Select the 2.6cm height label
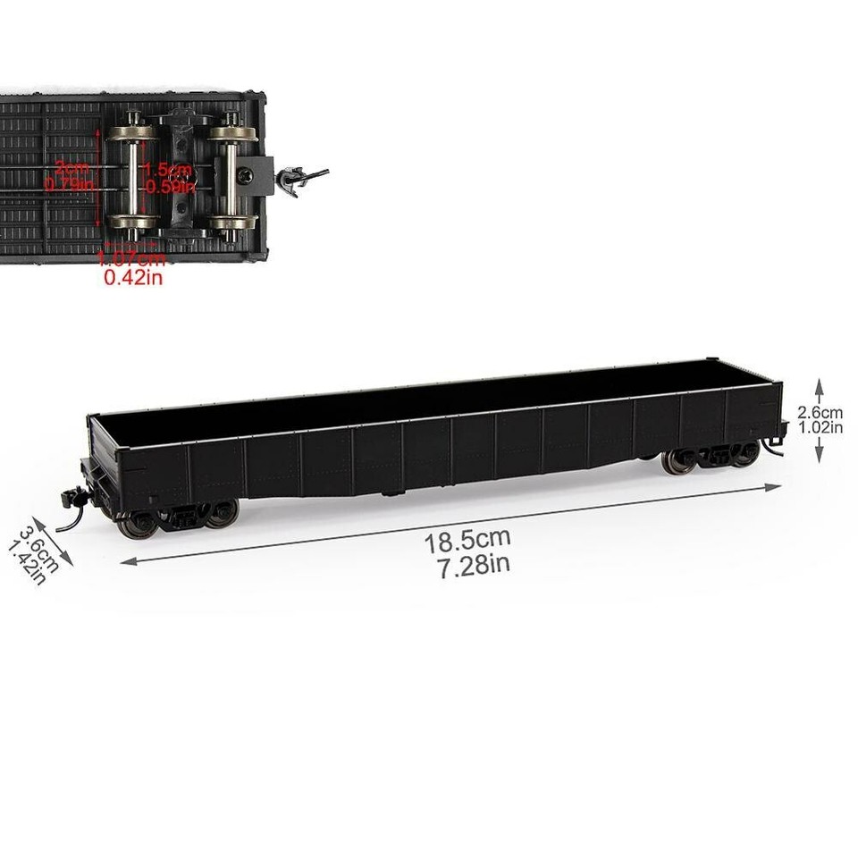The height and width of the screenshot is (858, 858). click(820, 413)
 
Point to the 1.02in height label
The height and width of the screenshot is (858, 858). click(820, 427)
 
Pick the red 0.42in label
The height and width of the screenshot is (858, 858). click(133, 278)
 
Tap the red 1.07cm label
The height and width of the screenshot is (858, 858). click(132, 260)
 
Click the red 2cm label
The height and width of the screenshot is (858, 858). click(71, 167)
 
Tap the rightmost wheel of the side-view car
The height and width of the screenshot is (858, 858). click(745, 455)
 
